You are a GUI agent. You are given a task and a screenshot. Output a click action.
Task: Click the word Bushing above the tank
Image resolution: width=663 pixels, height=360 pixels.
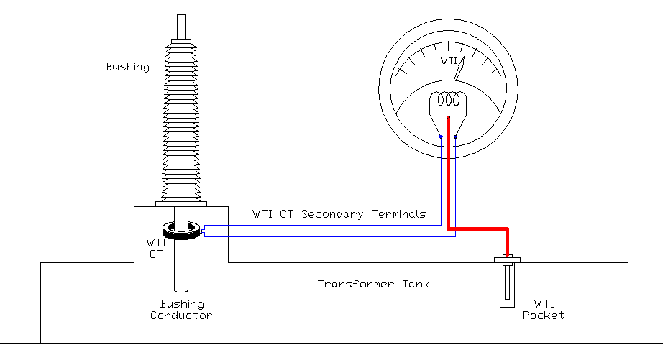point(127,67)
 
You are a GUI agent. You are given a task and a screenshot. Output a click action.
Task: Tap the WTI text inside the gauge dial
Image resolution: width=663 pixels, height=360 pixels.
point(449,61)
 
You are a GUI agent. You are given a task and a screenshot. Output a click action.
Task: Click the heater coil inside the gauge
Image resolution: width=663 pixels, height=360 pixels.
point(448,98)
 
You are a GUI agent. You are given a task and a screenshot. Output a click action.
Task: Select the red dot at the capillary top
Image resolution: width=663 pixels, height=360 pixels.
point(448,116)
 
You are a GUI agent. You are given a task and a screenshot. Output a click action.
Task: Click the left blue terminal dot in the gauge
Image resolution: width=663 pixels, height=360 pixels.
point(441,137)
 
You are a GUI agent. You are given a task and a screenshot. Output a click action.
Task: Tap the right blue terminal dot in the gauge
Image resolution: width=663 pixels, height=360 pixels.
point(455,137)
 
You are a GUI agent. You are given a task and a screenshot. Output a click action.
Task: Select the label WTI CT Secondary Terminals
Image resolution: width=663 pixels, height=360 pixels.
point(339,214)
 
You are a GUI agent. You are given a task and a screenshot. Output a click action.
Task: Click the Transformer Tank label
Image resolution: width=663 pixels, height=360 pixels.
point(373,284)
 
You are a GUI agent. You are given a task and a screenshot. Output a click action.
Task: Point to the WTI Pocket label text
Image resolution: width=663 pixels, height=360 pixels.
point(543,308)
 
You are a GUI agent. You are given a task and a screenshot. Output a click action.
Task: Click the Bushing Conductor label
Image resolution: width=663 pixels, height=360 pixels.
point(181,310)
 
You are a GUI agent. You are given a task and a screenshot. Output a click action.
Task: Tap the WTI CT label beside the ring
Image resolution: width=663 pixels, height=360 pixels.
point(156,247)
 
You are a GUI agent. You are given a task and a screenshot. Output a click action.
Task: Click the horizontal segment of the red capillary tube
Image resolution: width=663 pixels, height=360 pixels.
point(478,229)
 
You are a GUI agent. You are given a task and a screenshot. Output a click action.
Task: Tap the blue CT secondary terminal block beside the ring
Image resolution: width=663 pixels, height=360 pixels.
point(204,231)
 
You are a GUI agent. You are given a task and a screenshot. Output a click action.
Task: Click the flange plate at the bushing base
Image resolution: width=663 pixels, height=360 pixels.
point(181,203)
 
